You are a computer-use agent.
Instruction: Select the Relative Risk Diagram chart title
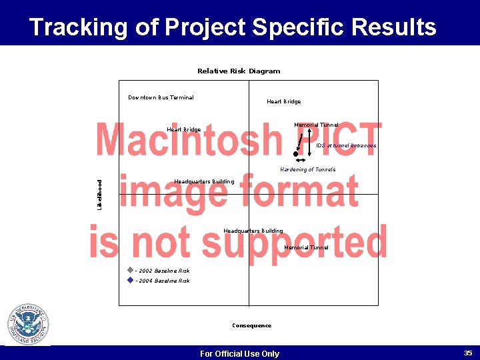239,71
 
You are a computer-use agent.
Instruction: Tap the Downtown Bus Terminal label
161,97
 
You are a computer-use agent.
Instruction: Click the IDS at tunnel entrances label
346,145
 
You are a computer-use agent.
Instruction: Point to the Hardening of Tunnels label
307,169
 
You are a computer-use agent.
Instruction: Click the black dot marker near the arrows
295,154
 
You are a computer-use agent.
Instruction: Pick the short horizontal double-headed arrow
301,161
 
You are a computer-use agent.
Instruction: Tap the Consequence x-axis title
251,325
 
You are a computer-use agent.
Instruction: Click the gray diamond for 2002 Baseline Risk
130,271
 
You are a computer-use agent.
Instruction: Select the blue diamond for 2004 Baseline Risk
130,281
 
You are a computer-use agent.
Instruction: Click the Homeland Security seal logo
28,325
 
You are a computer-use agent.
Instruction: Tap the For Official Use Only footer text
239,353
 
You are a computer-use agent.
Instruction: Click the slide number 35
467,353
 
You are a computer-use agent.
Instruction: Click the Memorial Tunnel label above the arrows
316,125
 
